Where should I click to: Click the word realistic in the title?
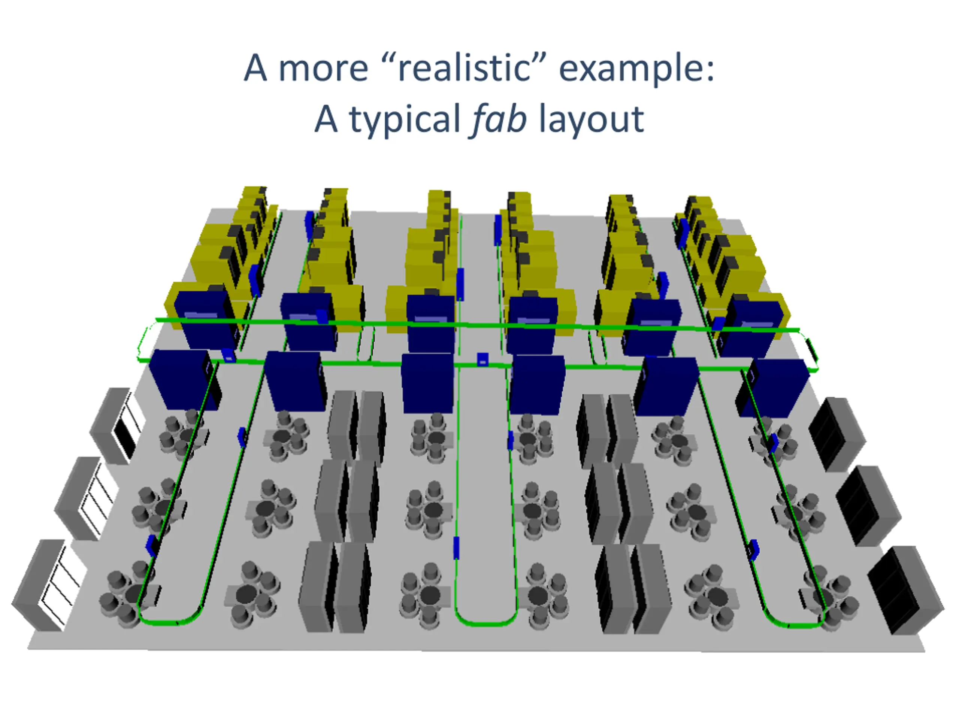464,68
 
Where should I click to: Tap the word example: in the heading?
636,68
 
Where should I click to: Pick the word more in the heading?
323,68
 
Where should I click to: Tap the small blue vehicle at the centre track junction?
482,359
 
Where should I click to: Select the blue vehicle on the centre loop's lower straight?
456,547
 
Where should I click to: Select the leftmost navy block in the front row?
184,379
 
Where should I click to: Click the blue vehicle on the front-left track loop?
152,545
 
